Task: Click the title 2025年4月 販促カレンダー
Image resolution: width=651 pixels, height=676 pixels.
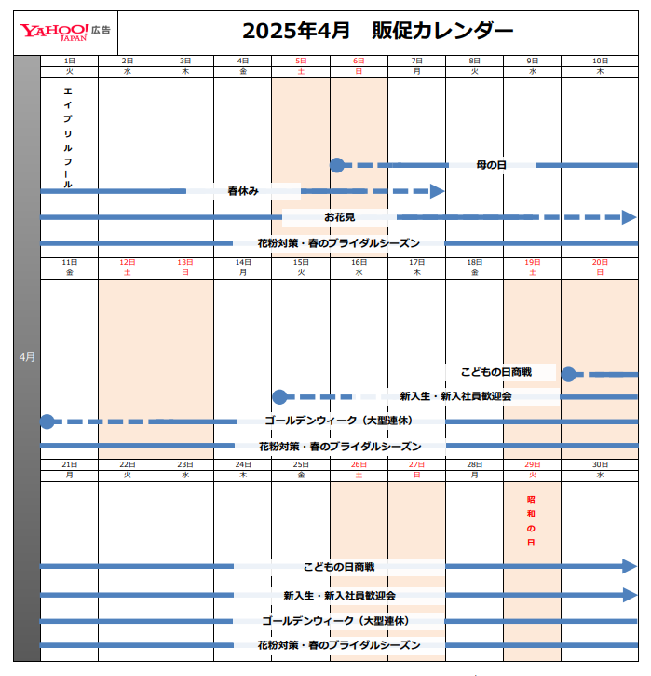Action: click(377, 32)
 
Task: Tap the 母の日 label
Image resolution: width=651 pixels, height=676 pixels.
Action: click(491, 165)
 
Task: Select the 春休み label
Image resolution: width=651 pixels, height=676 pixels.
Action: click(242, 191)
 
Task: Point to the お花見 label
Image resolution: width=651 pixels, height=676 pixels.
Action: click(339, 217)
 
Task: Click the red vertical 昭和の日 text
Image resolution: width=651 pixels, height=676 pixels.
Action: click(532, 519)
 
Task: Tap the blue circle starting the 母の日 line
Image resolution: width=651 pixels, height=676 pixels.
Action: click(337, 165)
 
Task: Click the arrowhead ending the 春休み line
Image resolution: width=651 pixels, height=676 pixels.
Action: click(437, 191)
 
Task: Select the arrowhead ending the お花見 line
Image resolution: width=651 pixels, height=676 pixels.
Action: click(629, 217)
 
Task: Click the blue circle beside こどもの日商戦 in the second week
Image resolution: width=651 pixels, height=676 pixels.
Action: click(568, 374)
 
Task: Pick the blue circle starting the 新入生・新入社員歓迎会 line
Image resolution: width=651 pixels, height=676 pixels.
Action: click(278, 396)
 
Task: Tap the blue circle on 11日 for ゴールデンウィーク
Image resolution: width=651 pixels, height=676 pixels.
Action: click(47, 421)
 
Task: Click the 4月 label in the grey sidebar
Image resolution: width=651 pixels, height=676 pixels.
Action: click(27, 357)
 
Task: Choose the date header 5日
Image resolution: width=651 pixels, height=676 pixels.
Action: click(301, 60)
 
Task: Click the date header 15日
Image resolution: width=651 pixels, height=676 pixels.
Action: click(301, 262)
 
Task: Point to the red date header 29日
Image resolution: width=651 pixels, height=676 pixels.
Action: click(532, 464)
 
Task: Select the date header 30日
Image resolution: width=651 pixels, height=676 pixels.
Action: click(600, 464)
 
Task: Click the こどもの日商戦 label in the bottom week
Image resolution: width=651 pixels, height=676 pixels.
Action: click(339, 566)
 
